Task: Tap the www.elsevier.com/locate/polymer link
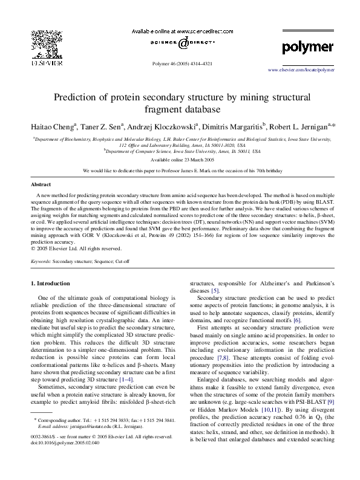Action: coord(301,70)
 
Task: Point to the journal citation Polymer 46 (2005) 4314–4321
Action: coord(180,63)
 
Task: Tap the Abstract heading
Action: coord(41,184)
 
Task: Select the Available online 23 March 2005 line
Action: coord(180,160)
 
